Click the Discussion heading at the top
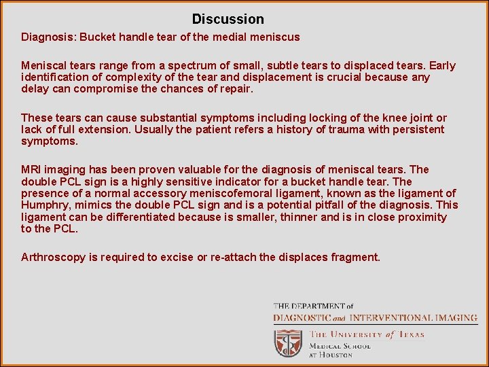[228, 19]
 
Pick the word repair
[234, 89]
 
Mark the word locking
[299, 118]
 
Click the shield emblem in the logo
[288, 343]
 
